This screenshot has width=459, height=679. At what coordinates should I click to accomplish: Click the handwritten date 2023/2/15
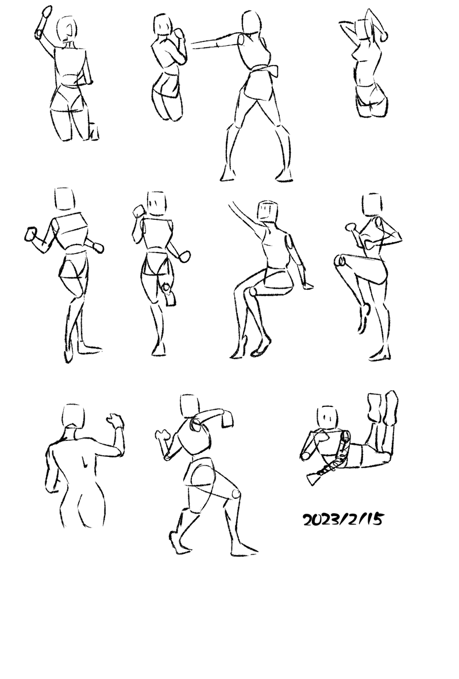coord(342,519)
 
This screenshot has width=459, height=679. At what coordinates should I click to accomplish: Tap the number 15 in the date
coord(374,519)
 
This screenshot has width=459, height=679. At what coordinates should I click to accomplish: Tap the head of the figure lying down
coord(328,417)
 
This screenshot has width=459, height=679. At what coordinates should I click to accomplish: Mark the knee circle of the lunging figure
coord(236,494)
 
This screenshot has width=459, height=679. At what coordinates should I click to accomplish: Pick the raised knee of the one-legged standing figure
coord(341,261)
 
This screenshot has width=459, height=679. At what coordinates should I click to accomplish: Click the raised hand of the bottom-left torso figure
coord(115,420)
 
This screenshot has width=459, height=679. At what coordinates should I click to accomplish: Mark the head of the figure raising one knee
coord(372,205)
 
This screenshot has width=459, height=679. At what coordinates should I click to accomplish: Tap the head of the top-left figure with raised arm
coord(67,30)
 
